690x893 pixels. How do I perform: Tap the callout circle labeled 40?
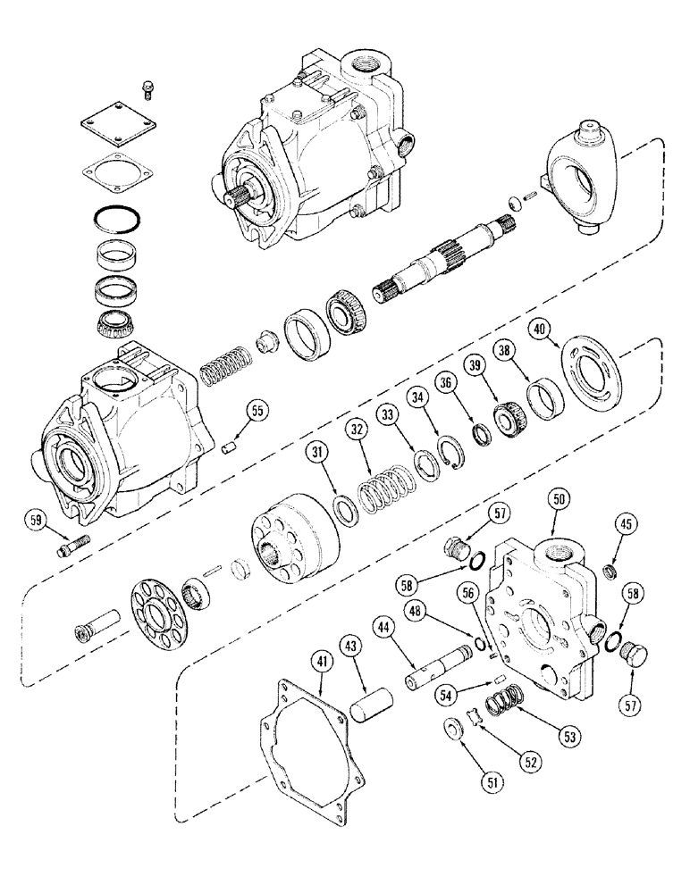coord(539,329)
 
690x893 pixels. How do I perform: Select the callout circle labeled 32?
coord(358,431)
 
